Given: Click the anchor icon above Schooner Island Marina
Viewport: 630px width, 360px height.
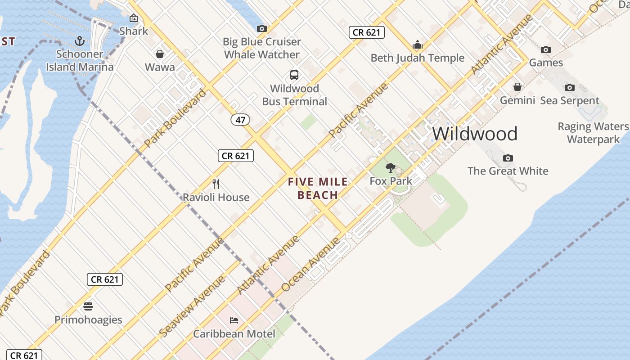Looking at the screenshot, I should point(80,41).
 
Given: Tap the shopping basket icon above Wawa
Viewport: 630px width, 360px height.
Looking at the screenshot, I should point(160,54).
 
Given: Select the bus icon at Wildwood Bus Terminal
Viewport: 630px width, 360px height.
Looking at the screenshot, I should point(294,75).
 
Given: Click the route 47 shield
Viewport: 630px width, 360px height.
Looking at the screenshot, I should point(241,120).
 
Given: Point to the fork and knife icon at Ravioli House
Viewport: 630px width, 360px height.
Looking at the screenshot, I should point(216,184).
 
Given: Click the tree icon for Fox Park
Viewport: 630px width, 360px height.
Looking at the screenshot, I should point(391,168).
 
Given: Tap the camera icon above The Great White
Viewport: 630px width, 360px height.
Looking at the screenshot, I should point(508,158).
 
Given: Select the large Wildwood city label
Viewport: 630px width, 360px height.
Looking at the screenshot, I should point(475,134).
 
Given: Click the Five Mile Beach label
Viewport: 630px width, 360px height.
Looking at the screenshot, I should point(318,189).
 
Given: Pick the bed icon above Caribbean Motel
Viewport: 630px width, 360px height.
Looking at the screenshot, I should point(234,320).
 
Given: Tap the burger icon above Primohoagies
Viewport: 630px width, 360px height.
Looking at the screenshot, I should point(88,306).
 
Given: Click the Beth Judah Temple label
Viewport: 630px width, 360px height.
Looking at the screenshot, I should point(417,58).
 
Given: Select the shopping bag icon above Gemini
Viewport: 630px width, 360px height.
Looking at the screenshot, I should point(517,87).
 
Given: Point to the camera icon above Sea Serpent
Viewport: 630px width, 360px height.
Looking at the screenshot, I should point(570,87).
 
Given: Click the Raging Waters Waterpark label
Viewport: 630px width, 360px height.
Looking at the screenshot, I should point(593,133).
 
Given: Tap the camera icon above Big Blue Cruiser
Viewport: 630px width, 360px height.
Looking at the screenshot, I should point(261,28).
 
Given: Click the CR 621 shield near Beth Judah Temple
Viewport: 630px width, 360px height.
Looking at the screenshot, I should point(367,32).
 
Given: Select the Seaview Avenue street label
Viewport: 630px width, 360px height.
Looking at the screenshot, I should point(192,306).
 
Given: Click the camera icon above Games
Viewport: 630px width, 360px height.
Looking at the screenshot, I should point(546,49).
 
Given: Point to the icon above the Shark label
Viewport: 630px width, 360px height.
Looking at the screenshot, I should point(134,18).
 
